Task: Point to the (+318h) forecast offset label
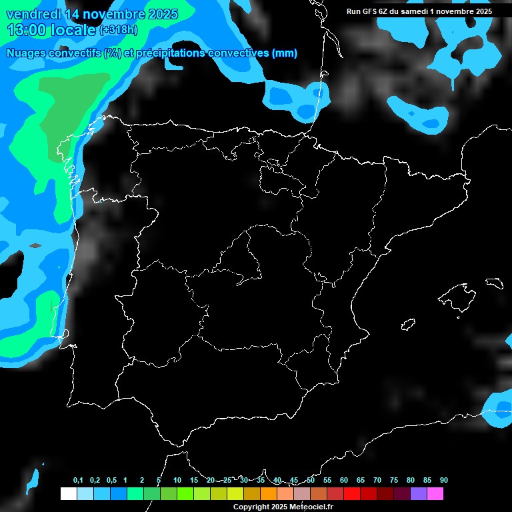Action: coord(120,31)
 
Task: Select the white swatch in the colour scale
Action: coord(68,494)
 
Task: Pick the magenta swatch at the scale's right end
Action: coord(435,494)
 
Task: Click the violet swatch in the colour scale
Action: coord(419,494)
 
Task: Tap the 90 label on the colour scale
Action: coord(444,481)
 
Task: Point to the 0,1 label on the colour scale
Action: coord(78,481)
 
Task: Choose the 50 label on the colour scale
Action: coord(311,481)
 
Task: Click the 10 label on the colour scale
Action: coord(177,481)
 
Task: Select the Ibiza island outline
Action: coord(409,325)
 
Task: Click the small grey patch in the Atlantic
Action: coord(35,245)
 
